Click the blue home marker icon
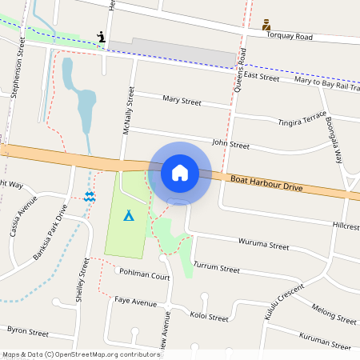(x=180, y=171)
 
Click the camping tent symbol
(x=128, y=214)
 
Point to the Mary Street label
(x=182, y=101)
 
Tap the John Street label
(x=230, y=145)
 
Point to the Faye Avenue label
(x=135, y=302)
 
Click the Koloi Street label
(x=209, y=316)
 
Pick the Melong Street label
(x=334, y=314)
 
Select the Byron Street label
(x=28, y=330)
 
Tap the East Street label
(x=262, y=77)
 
